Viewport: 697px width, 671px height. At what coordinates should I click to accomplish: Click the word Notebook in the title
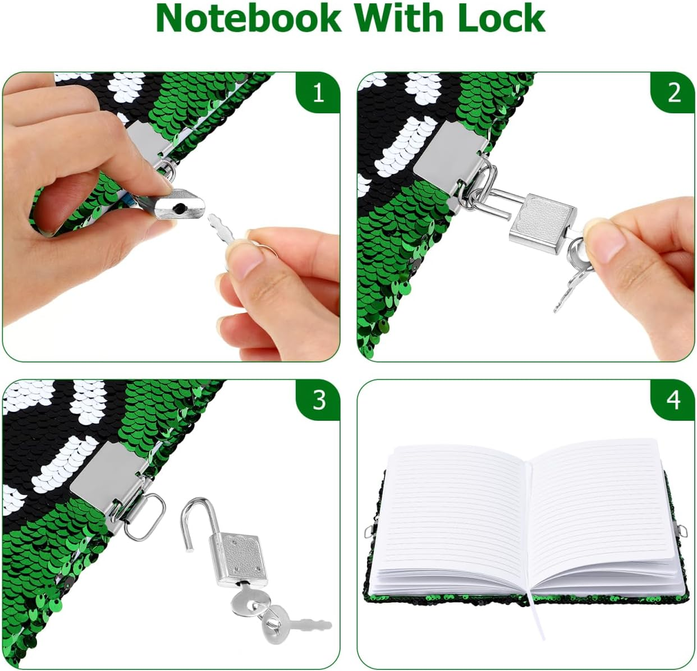[x=248, y=18]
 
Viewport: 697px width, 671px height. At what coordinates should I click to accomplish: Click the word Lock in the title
[x=501, y=18]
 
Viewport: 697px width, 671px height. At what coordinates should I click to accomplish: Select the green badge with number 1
[x=318, y=93]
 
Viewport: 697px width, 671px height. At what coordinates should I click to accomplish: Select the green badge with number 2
[x=673, y=93]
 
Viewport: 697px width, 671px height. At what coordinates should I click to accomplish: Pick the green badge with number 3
[x=318, y=400]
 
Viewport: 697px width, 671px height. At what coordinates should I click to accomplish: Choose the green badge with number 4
[x=673, y=400]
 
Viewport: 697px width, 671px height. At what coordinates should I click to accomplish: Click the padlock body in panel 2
[x=543, y=218]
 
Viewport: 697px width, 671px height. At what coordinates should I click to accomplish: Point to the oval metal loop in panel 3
[x=145, y=517]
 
